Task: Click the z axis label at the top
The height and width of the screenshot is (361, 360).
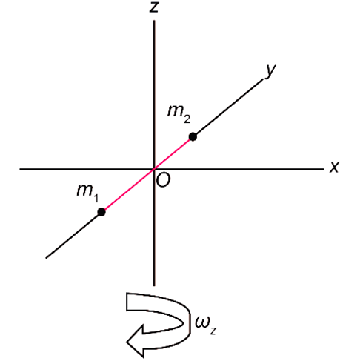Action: click(154, 7)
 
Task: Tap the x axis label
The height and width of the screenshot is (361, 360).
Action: click(334, 167)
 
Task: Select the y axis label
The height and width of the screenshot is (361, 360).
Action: click(270, 71)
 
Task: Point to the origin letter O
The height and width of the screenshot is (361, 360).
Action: click(163, 179)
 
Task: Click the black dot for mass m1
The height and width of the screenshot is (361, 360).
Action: click(101, 212)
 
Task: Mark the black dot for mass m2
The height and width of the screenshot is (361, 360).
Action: click(193, 136)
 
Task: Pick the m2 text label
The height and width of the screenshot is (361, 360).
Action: click(179, 114)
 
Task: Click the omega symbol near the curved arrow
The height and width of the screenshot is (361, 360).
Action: click(201, 322)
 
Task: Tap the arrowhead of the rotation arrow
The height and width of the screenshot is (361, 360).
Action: click(135, 342)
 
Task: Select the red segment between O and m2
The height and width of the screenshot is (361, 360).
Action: click(173, 153)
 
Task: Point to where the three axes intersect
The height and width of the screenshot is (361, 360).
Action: click(154, 169)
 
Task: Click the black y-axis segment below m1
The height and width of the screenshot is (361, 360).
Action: click(73, 236)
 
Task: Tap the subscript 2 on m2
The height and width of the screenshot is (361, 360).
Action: click(187, 119)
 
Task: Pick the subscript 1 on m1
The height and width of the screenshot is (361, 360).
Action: click(96, 198)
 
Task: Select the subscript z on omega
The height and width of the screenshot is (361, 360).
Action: click(213, 331)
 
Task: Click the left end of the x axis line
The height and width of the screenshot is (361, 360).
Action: click(20, 169)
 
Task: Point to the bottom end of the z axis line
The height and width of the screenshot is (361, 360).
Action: click(154, 285)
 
